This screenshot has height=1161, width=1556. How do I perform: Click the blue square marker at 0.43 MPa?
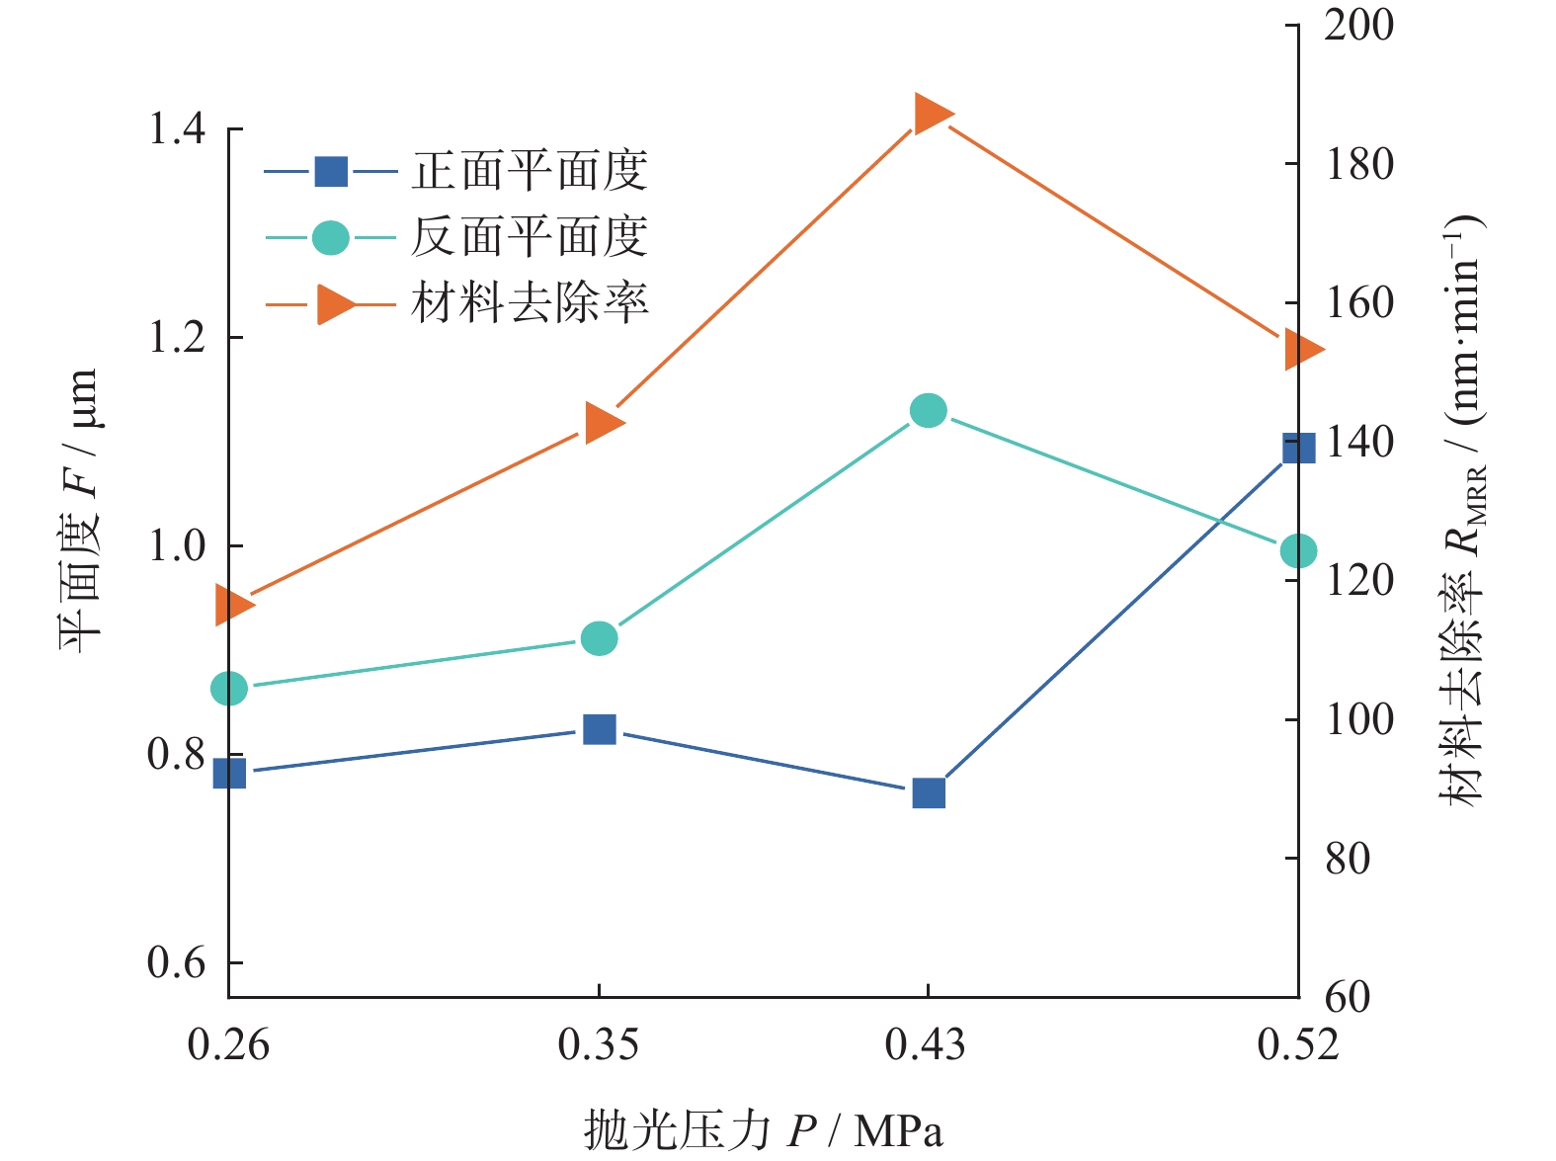[x=929, y=792]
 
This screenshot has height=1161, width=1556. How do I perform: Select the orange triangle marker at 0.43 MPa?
[x=932, y=114]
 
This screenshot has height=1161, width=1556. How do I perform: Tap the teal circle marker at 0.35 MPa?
[x=599, y=638]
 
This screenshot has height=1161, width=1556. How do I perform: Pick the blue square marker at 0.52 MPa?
[x=1298, y=448]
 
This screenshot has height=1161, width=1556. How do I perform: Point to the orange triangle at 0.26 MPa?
[x=234, y=605]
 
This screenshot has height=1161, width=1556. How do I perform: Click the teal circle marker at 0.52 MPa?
[x=1298, y=550]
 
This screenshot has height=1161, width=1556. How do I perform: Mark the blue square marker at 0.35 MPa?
[x=599, y=729]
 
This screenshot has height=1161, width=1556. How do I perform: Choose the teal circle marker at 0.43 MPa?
[x=929, y=410]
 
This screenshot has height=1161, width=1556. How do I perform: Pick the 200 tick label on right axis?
[x=1358, y=26]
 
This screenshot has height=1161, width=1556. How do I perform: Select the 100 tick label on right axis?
[x=1358, y=719]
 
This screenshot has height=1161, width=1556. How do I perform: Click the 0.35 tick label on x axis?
[x=599, y=1044]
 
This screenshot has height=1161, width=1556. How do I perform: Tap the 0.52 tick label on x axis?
[x=1298, y=1044]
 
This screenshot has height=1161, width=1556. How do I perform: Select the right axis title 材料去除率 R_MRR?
[x=1464, y=509]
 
